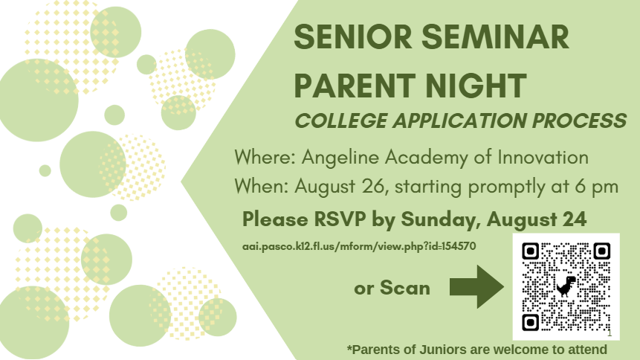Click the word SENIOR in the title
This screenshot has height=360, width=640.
coord(352,36)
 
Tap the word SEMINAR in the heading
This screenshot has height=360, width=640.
coord(495,36)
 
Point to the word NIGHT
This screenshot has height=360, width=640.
coord(476,86)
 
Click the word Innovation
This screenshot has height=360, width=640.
coord(543,158)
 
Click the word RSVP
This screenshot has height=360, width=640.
coord(340,219)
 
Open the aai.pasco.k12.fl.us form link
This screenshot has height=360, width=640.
coord(359,246)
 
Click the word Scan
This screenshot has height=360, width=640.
coord(405,288)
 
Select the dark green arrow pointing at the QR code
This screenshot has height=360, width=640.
coord(476,286)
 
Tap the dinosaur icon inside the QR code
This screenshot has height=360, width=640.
coord(566,286)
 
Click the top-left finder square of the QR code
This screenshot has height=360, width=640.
coord(531,251)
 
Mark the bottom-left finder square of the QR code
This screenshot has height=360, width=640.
coord(531,322)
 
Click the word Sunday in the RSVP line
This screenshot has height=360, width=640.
coord(441,220)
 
